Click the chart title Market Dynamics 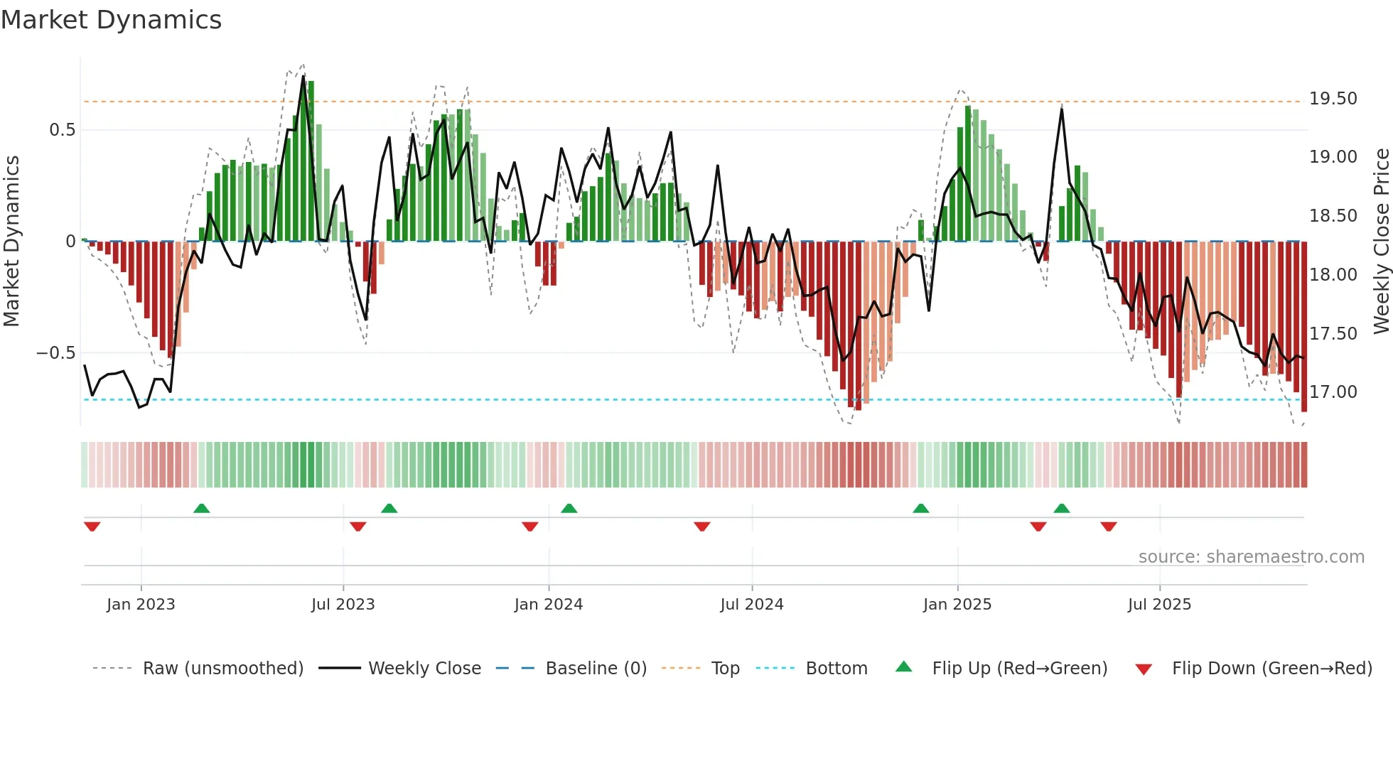[112, 20]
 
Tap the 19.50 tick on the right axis [1333, 99]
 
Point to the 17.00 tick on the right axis [1333, 392]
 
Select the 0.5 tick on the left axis [62, 130]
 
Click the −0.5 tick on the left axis [56, 353]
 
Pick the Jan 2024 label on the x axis [548, 605]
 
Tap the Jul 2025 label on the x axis [1159, 605]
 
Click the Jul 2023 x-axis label [343, 605]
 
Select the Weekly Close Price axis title [1381, 241]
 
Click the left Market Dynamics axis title [11, 241]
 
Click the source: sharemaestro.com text [1251, 557]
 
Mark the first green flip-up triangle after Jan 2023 [201, 508]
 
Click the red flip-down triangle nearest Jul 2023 [358, 526]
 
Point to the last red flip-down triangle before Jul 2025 [1108, 526]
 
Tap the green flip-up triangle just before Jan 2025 [920, 508]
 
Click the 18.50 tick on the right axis [1333, 216]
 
